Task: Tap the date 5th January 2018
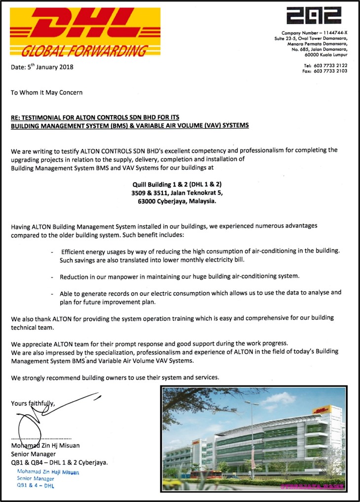(x=42, y=67)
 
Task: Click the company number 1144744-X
(x=329, y=33)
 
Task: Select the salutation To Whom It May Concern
(x=47, y=92)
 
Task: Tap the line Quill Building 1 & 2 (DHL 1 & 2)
(x=177, y=184)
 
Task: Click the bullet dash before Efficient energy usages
(x=53, y=252)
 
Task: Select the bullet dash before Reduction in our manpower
(x=53, y=277)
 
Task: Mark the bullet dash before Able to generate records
(x=53, y=293)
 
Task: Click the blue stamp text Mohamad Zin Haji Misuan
(x=48, y=472)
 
